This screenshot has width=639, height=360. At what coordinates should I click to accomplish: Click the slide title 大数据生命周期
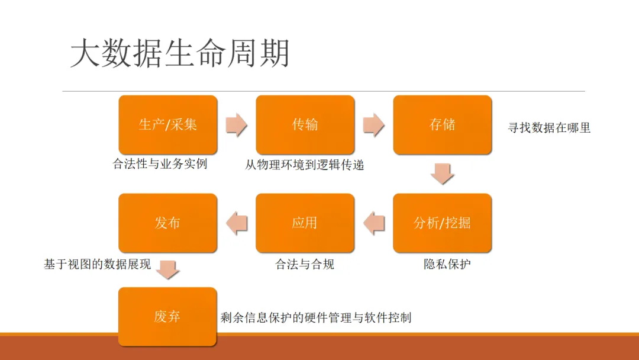(x=180, y=54)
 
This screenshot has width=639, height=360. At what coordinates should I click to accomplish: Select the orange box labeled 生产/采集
(x=168, y=124)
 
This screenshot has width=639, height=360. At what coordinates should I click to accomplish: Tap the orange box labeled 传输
(x=305, y=124)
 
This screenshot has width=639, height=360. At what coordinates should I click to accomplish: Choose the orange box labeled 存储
(x=443, y=124)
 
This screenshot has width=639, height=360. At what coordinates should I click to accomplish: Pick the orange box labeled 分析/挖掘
(x=443, y=223)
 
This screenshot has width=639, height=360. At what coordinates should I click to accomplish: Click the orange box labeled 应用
(x=305, y=223)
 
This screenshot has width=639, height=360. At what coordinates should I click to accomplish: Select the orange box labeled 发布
(x=168, y=223)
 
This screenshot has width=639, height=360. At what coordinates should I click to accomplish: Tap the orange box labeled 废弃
(x=168, y=316)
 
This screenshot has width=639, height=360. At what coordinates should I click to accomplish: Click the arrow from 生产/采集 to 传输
(x=237, y=125)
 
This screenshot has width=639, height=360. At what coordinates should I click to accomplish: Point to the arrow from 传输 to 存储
(x=374, y=125)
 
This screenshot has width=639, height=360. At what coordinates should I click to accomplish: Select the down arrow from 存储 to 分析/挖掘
(x=443, y=173)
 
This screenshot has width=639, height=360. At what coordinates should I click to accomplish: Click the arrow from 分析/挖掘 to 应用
(x=374, y=223)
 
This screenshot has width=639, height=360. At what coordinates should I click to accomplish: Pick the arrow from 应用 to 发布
(x=237, y=223)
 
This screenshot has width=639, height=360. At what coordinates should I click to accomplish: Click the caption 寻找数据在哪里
(x=549, y=127)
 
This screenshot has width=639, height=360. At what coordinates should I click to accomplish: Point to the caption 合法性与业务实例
(x=160, y=164)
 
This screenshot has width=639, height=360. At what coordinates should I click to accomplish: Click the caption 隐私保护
(x=447, y=264)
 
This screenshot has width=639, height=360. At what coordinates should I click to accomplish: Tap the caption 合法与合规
(x=305, y=264)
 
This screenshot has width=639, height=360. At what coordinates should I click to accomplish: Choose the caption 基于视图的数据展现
(x=97, y=264)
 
